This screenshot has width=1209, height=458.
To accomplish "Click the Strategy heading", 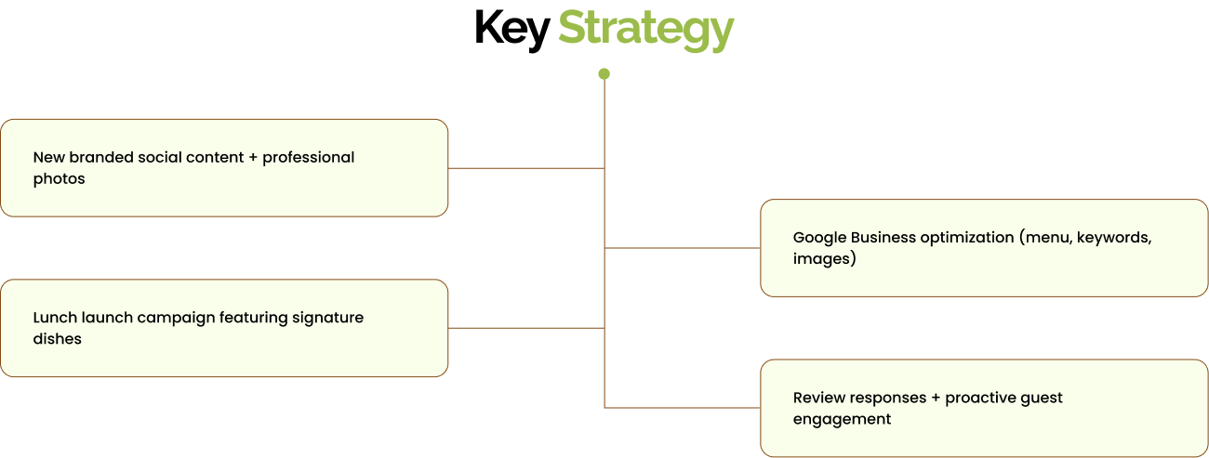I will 645,29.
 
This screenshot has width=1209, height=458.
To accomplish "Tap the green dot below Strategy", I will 604,73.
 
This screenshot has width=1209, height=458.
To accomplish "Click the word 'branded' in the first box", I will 101,157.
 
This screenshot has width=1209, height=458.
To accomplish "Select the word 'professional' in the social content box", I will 308,157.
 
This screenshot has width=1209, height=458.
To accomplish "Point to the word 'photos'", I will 59,178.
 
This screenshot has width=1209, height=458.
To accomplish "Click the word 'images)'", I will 824,259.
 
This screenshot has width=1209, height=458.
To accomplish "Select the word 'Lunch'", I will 56,318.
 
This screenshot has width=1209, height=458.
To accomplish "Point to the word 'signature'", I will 327,318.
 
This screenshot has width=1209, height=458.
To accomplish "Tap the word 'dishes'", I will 58,339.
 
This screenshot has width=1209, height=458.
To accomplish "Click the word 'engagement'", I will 842,419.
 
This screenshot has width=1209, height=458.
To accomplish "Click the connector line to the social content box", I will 526,168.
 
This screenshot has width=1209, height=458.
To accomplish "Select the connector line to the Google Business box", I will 683,248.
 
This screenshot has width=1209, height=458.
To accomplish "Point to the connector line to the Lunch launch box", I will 526,328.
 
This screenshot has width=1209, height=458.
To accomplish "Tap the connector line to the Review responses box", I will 683,408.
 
